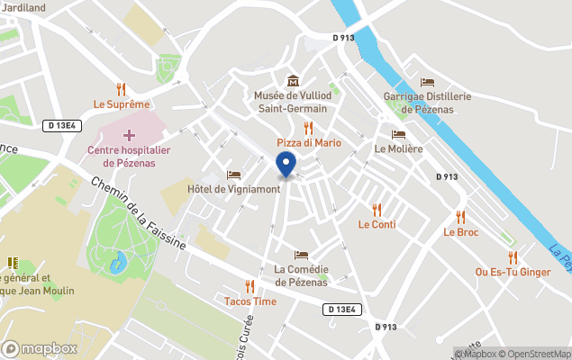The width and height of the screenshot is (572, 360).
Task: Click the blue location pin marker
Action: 286,165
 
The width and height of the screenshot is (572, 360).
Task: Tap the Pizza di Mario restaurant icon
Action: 308,128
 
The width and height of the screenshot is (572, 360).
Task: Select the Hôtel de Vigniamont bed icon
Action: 234,175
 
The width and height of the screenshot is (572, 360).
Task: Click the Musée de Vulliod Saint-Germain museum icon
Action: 292,81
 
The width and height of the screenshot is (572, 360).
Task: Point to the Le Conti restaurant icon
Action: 377,210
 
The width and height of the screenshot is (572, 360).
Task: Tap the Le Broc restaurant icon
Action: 460,217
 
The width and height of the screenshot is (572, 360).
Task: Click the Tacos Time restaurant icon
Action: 250,286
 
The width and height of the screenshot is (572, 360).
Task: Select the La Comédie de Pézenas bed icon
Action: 301,256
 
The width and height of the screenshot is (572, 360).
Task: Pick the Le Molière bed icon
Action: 398,134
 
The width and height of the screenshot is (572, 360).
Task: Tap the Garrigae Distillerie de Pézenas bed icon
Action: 427,82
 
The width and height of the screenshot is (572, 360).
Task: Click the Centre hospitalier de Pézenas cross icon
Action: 129,135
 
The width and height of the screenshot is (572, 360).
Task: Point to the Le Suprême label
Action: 122,104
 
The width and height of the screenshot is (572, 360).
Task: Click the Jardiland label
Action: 23,7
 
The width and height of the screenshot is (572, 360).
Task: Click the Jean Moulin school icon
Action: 13,263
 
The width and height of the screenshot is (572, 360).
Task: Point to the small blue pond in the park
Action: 118,263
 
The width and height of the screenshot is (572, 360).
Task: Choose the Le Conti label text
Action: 377,224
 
